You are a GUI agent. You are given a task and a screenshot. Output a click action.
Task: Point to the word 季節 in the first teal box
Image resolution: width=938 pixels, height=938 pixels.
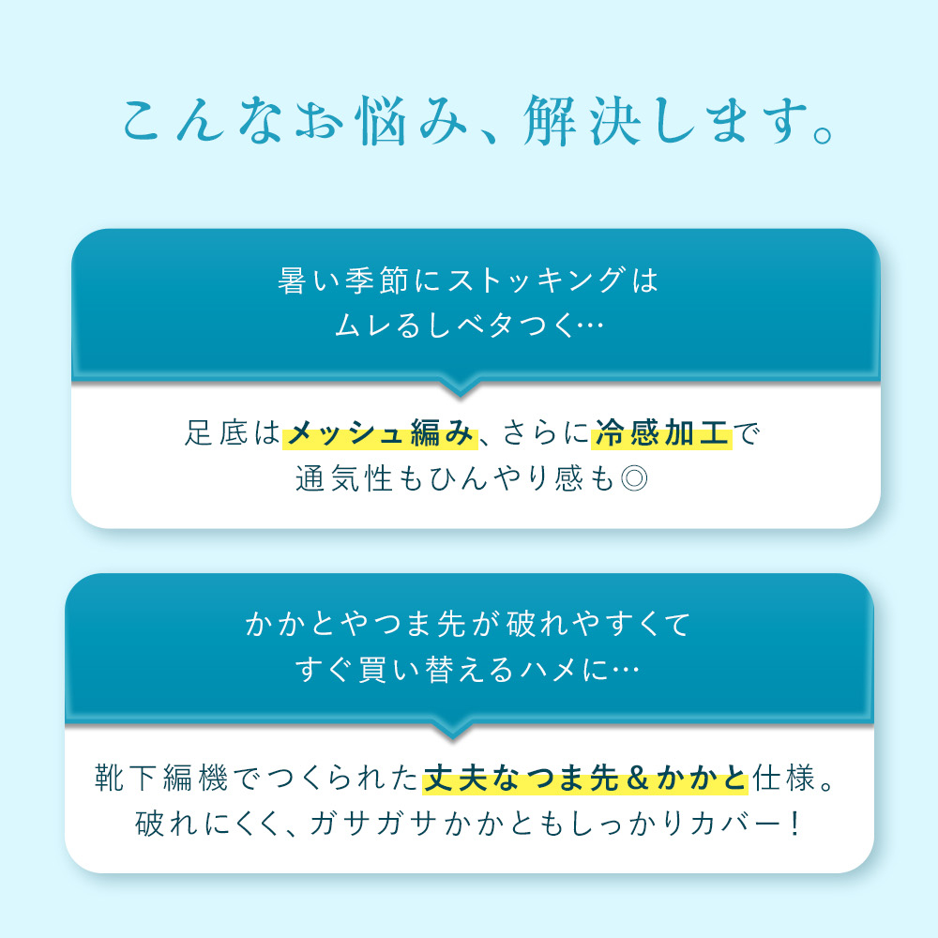376,280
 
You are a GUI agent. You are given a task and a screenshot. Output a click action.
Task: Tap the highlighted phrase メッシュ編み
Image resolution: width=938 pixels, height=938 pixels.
380,433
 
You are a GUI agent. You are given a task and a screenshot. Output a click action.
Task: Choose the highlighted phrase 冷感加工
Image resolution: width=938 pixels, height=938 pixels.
661,433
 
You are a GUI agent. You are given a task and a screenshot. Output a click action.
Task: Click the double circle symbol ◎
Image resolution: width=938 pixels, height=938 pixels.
633,478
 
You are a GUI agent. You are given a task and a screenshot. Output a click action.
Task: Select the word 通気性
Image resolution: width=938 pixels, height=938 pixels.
343,478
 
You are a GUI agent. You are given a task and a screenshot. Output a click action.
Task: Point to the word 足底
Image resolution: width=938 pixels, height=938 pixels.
216,433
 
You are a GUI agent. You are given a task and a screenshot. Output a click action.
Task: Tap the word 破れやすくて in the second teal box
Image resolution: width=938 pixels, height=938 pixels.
598,625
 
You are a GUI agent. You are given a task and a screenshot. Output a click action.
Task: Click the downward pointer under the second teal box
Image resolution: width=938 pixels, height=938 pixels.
453,733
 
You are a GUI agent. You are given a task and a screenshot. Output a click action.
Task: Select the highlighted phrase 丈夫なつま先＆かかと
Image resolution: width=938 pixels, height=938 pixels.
585,779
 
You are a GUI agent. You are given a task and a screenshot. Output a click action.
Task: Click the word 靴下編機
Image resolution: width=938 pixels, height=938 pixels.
161,779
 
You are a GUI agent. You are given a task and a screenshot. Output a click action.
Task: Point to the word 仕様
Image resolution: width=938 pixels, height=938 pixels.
783,779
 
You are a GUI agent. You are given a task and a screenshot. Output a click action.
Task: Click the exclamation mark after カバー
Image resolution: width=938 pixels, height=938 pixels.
794,824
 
